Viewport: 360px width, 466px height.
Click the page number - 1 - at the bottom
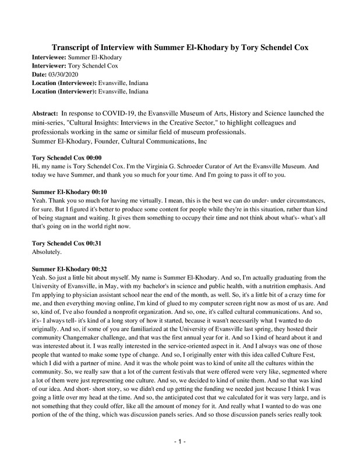tap(179, 443)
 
